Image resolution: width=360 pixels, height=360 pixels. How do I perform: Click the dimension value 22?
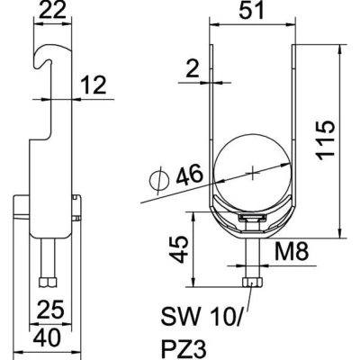point(52,10)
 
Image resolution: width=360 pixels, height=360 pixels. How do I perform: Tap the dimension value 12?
point(94,85)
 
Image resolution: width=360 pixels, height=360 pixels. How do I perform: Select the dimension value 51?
point(251,10)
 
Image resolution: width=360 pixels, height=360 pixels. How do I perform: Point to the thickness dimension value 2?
point(193,69)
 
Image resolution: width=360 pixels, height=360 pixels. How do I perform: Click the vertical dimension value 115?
point(325,140)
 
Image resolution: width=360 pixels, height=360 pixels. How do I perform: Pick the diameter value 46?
point(190,175)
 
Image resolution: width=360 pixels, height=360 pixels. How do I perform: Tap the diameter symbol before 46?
point(159,181)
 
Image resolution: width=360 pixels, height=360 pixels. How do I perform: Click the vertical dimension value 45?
point(178,249)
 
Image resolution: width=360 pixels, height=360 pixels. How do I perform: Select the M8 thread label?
point(292,251)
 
